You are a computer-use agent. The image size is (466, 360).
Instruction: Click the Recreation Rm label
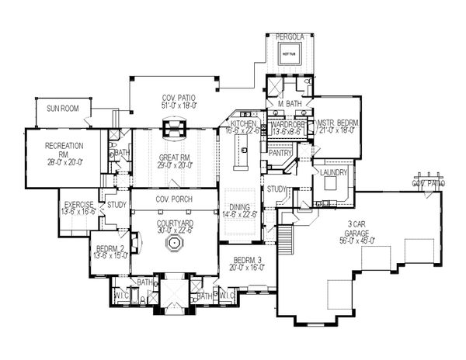(64, 145)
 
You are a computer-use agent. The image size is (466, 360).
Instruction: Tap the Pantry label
(278, 153)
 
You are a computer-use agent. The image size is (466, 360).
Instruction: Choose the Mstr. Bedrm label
(336, 124)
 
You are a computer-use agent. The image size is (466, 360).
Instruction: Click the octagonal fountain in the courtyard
(173, 245)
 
